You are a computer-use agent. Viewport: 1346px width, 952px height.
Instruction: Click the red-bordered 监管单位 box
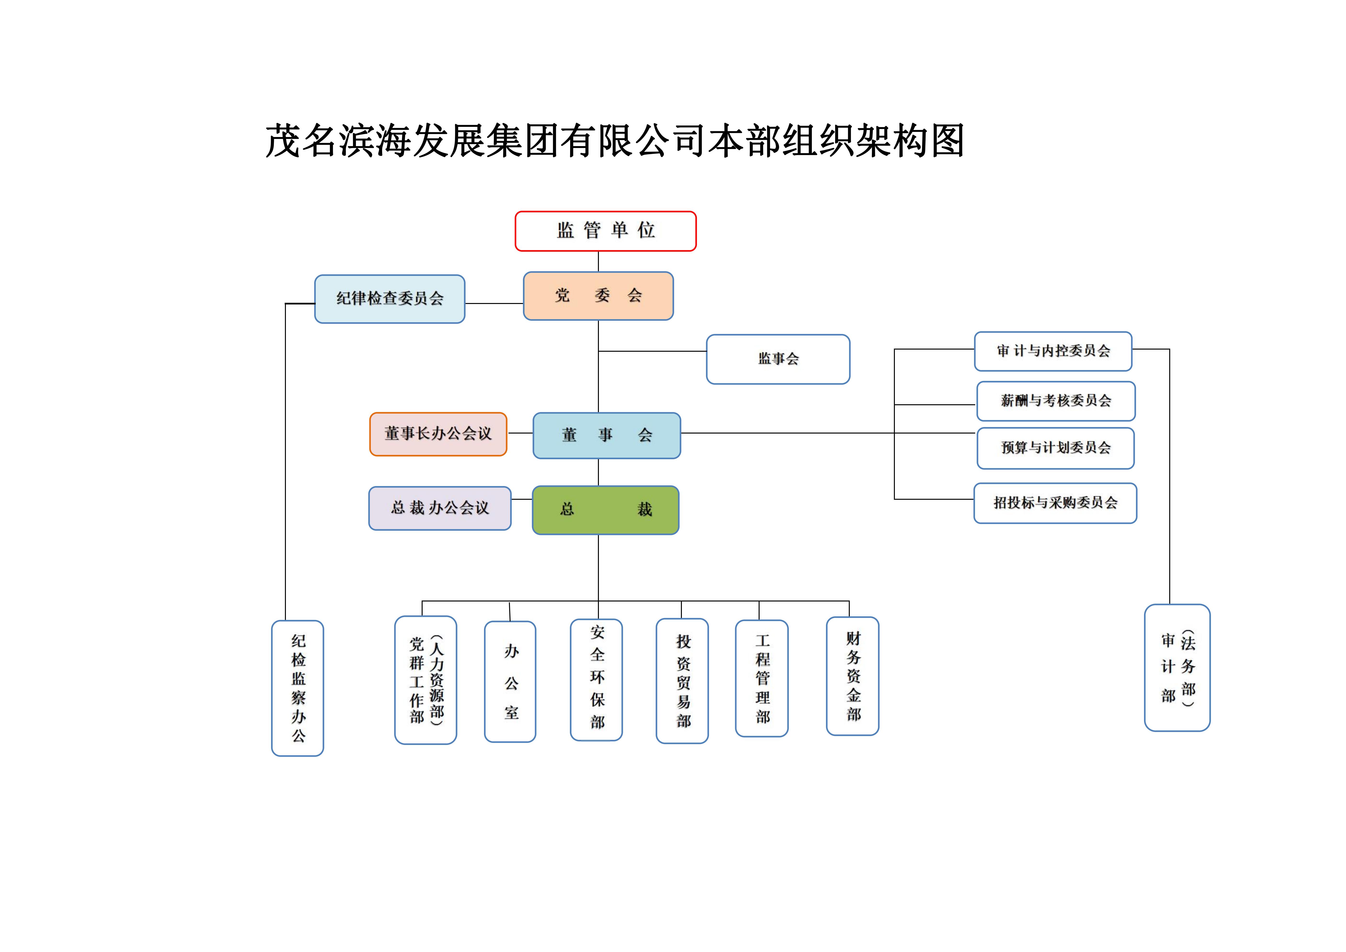pos(606,231)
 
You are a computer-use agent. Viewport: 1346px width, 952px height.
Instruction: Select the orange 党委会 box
pos(598,296)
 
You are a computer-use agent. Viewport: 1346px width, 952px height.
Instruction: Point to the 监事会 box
pos(778,359)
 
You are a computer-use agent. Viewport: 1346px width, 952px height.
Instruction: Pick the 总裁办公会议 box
pos(440,508)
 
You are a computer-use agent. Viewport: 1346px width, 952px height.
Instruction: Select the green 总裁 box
pos(606,510)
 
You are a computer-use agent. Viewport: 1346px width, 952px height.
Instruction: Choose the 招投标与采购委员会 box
pos(1055,503)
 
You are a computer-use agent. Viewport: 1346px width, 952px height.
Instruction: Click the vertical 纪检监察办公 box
pos(298,688)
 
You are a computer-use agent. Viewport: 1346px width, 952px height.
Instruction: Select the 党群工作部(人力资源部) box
pos(426,680)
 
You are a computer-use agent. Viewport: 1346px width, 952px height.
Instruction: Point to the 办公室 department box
pos(510,682)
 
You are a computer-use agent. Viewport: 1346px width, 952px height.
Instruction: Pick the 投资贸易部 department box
pos(682,681)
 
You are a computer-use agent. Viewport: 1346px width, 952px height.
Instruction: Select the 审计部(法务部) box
pos(1177,667)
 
